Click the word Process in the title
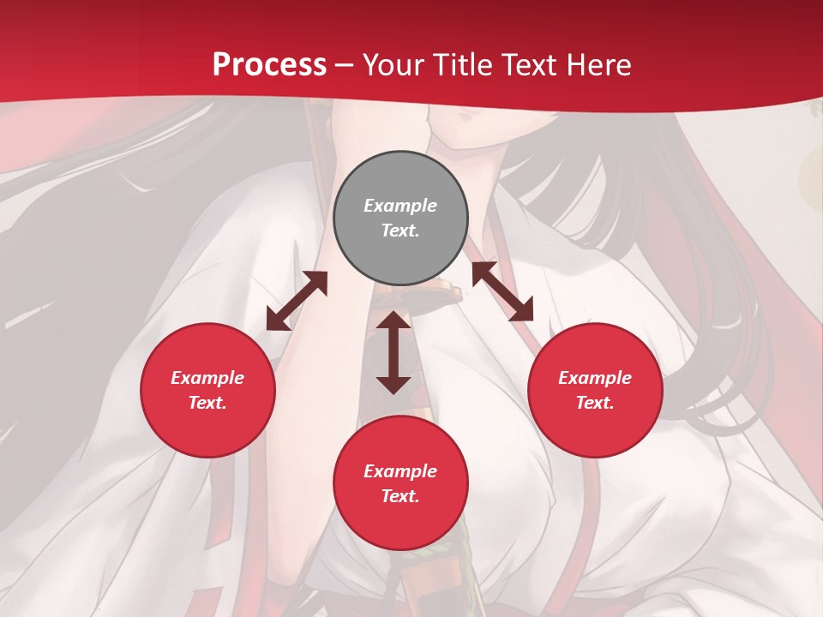click(269, 65)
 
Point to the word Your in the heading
click(390, 65)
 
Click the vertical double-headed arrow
click(393, 352)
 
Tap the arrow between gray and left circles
click(297, 301)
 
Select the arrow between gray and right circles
click(502, 291)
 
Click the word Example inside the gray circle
click(400, 206)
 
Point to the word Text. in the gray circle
click(400, 231)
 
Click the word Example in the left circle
click(207, 378)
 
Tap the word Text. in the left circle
click(207, 403)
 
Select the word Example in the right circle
click(595, 378)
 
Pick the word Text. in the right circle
click(595, 403)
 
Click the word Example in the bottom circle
click(400, 471)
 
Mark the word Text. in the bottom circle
click(400, 496)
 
